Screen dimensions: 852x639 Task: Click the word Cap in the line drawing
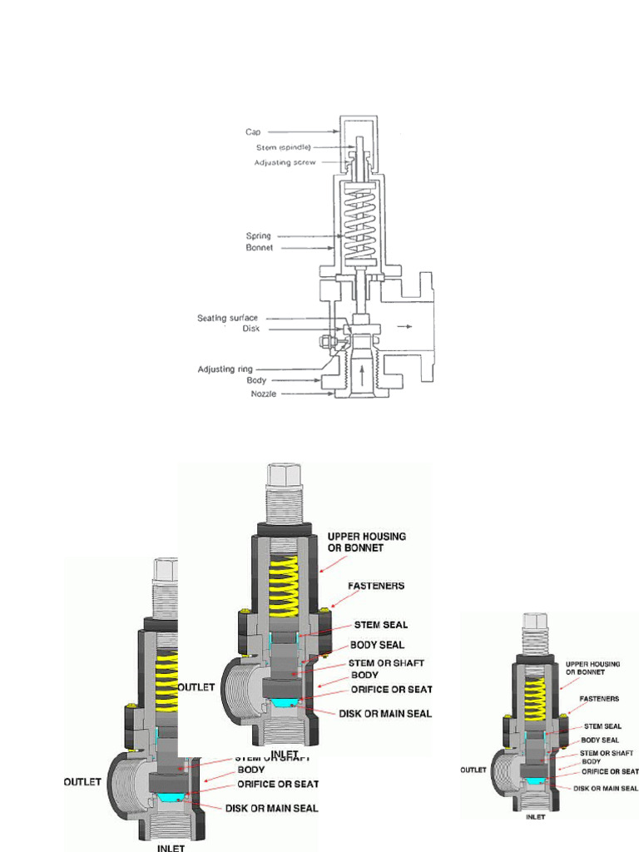point(253,131)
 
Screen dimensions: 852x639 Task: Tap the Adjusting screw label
point(284,162)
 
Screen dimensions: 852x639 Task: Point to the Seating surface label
point(227,318)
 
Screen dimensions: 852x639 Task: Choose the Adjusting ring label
point(225,369)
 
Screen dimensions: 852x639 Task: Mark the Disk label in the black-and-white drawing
point(251,329)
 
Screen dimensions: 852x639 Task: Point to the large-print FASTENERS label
point(377,586)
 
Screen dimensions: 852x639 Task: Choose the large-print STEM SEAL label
point(381,623)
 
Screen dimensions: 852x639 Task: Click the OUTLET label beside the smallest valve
point(473,770)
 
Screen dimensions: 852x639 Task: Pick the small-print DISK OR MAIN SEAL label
point(606,788)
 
